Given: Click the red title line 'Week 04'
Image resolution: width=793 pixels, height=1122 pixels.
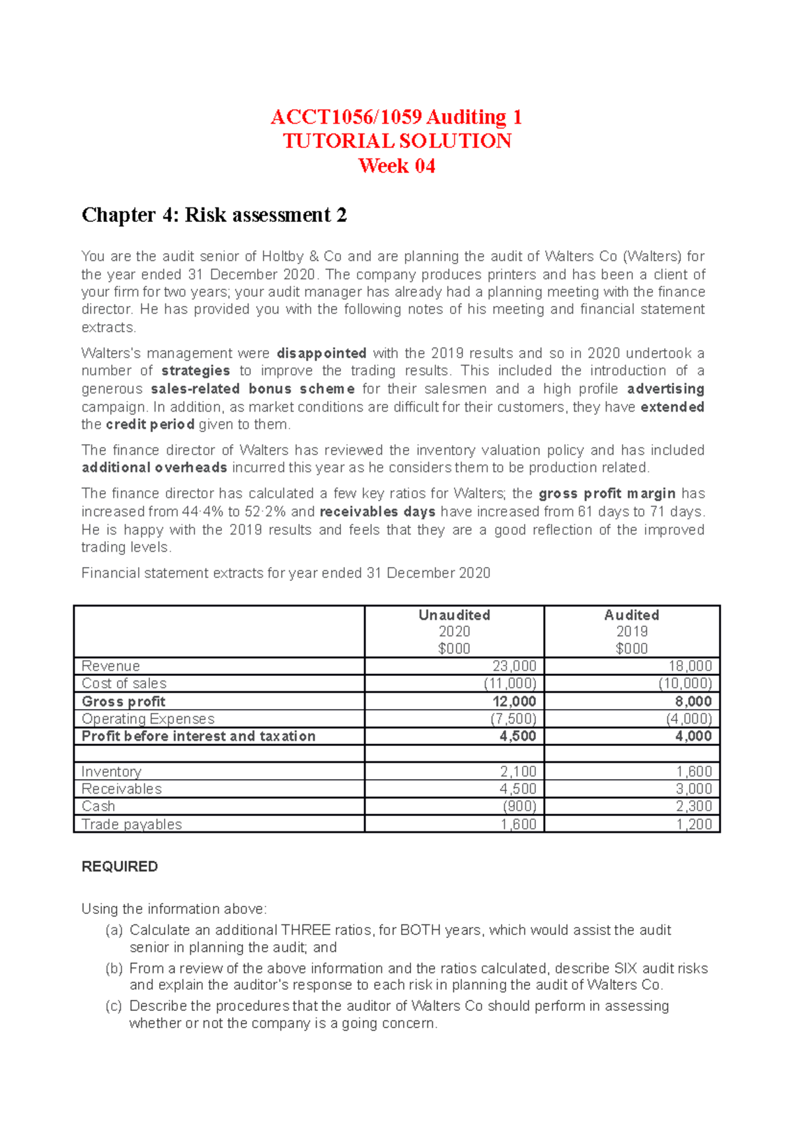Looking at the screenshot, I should pos(397,166).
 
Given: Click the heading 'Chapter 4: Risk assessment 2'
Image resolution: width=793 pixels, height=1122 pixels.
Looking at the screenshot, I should pos(213,215).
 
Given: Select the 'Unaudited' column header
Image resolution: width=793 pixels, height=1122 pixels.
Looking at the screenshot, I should pos(454,615).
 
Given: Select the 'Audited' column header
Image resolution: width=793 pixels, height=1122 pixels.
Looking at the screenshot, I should pos(631,615).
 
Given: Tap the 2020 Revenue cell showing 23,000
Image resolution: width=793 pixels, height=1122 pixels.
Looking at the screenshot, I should pos(514,666).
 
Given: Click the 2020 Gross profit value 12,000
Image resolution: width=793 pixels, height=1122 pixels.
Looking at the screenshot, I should pos(514,701).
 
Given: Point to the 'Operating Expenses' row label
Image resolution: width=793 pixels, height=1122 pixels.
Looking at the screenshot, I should pos(148,719).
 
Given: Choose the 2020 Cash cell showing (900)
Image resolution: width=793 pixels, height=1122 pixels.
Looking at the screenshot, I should pos(519,806).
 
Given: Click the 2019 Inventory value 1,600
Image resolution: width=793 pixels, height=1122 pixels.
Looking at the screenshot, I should pos(693,772).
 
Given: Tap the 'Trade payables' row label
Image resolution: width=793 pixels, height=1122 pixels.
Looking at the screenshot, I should pos(132,824).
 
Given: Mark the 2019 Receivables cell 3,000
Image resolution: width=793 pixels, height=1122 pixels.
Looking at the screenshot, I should pos(693,789).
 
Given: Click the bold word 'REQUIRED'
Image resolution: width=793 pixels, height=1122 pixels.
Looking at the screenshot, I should pos(120,866).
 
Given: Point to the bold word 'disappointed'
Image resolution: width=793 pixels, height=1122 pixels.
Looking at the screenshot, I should pos(321,354).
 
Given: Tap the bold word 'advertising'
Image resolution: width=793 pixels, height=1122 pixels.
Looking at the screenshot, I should pos(665,389).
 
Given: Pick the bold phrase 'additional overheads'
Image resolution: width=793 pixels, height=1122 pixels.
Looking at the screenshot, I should pos(154,468).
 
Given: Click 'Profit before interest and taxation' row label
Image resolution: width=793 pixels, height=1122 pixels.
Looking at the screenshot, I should pos(198,736).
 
